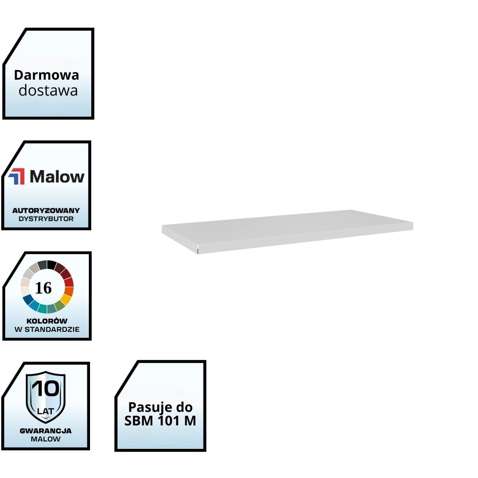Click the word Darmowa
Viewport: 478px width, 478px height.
(x=47, y=75)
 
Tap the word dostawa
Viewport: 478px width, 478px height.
(x=48, y=91)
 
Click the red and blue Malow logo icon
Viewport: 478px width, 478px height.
(x=17, y=176)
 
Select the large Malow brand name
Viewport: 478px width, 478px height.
(x=57, y=176)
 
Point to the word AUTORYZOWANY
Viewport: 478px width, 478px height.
(x=46, y=210)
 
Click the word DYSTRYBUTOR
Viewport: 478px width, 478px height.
(x=46, y=219)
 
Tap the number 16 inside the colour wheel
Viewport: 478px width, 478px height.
(x=43, y=288)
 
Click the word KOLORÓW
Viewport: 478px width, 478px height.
(x=47, y=321)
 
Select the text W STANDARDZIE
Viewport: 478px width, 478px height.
(x=47, y=329)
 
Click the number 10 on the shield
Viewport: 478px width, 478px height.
(x=45, y=388)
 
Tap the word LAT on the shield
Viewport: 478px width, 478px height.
(x=45, y=411)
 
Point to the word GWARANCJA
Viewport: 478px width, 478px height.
(x=45, y=431)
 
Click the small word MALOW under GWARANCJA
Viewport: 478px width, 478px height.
(x=45, y=439)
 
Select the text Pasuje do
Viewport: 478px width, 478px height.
(x=160, y=407)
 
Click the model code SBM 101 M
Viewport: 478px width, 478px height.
(x=160, y=421)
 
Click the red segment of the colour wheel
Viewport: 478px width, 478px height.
(x=69, y=282)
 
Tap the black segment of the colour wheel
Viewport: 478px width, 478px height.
(x=52, y=264)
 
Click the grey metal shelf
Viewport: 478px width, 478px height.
(x=287, y=229)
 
